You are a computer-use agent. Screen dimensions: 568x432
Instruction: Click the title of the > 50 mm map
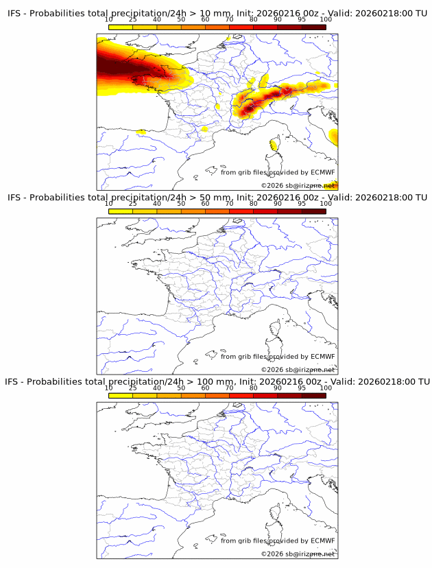tap(217, 198)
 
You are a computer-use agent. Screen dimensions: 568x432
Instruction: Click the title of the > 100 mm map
tap(217, 381)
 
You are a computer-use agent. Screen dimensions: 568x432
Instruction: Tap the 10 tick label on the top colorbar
tap(109, 20)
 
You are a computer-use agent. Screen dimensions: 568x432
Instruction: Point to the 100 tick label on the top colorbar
tap(325, 20)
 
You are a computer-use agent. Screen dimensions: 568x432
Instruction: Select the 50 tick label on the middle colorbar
tap(181, 204)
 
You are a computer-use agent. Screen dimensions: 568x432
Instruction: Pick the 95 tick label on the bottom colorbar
tap(302, 388)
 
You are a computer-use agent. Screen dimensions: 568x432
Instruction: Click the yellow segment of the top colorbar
tap(121, 27)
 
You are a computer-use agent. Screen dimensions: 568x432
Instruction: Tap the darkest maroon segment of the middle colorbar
tap(313, 211)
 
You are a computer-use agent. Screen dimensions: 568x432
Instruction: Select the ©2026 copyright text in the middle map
tap(298, 370)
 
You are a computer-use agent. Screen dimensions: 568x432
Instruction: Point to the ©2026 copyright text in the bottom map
tap(298, 554)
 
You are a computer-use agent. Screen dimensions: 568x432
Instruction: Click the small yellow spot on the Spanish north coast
tap(141, 131)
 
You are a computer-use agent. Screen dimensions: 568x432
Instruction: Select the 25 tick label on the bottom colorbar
tap(132, 388)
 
